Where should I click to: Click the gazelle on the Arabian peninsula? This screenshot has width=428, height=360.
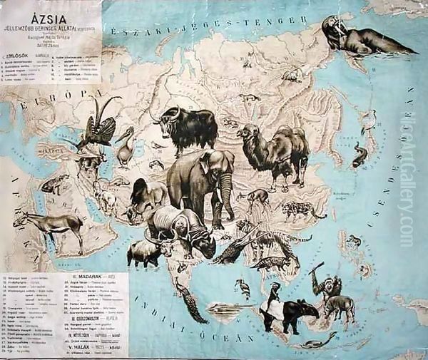(x=58, y=225)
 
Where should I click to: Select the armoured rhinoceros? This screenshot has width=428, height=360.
(x=182, y=228)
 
